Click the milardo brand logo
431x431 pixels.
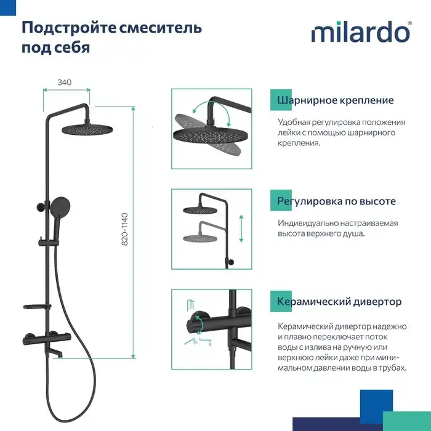[361, 32]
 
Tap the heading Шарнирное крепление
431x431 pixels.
[336, 100]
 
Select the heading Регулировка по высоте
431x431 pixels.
[336, 201]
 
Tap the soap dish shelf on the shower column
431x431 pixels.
[36, 307]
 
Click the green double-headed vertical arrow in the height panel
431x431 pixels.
[241, 229]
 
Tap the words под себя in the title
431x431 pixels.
[56, 48]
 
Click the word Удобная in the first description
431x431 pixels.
[296, 122]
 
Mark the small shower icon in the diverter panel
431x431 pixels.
[191, 304]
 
